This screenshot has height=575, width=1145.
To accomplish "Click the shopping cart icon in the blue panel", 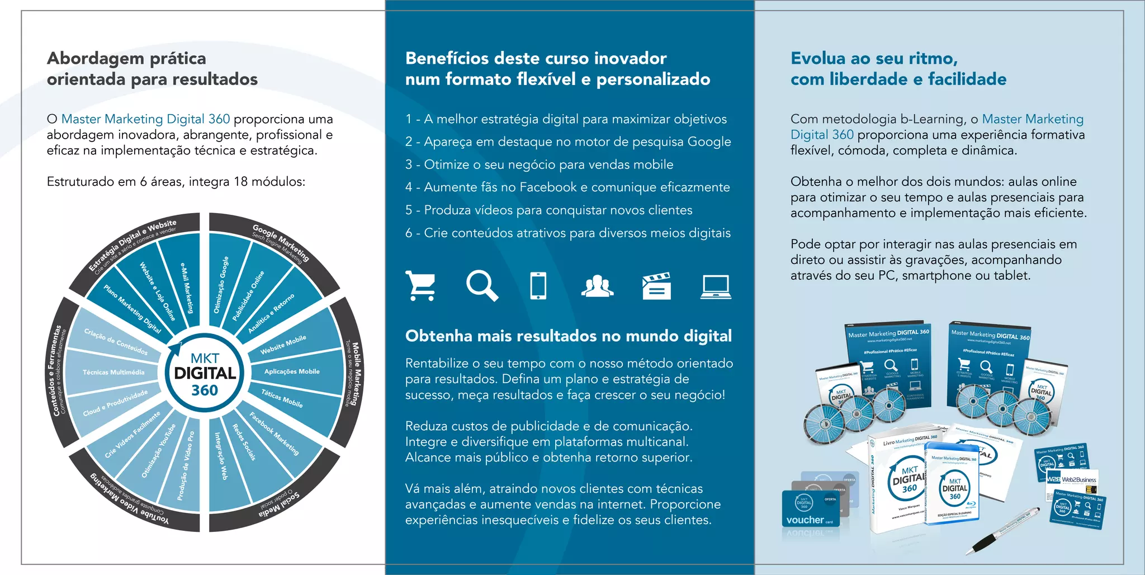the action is point(422,286).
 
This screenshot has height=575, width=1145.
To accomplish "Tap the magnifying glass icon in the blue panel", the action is point(481,285).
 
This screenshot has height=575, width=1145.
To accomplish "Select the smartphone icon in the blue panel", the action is point(538,286).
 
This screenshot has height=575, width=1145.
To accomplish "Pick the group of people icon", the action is point(597,286).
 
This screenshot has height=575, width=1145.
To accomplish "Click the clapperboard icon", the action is point(656,286).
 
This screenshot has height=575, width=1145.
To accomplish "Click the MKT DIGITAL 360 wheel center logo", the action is point(205,373).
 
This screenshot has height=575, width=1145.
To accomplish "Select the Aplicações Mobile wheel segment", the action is point(292,371).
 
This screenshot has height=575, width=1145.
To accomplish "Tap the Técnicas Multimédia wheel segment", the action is point(113,372).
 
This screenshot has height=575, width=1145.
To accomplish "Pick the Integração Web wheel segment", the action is point(222,456).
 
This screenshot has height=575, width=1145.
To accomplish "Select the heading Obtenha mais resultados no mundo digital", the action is point(568,336).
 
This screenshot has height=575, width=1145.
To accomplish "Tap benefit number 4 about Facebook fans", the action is point(567,187).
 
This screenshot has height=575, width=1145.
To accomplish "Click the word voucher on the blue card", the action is point(805,520).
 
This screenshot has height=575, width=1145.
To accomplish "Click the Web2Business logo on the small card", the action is point(1072,479).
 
